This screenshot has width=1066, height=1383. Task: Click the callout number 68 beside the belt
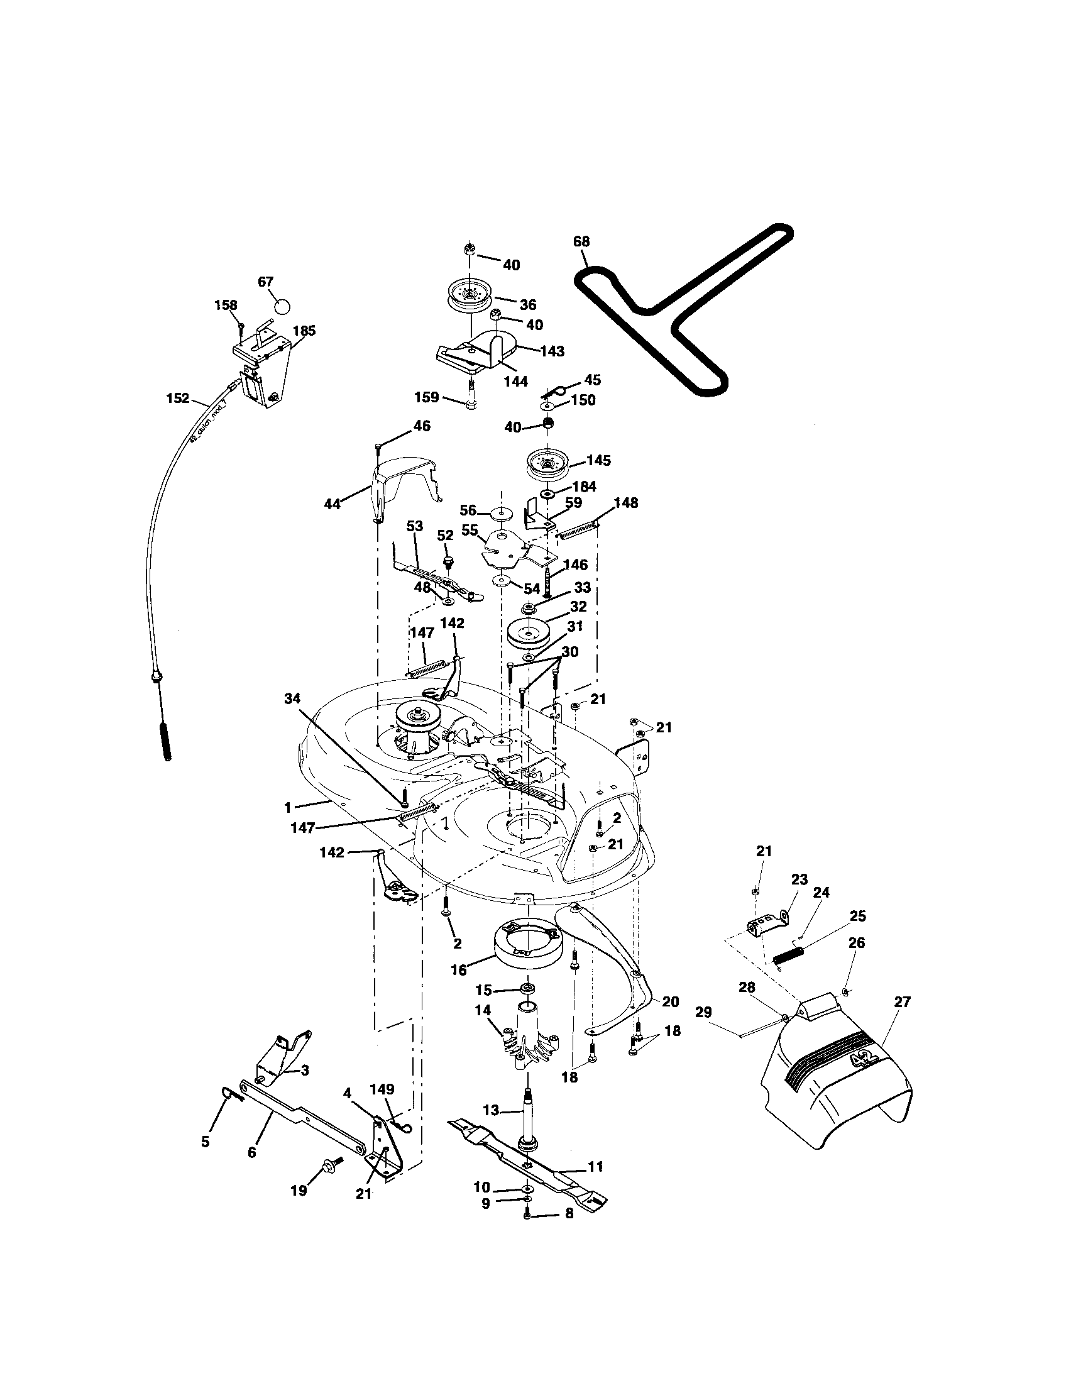[x=581, y=241]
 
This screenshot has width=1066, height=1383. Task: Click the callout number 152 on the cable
[x=177, y=398]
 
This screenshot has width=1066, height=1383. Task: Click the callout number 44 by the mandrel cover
[x=332, y=504]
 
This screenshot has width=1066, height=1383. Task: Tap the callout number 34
[x=292, y=698]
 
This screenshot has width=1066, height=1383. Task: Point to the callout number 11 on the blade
[x=595, y=1165]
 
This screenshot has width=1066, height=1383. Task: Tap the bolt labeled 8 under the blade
[x=527, y=1213]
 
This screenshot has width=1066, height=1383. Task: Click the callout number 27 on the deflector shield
[x=902, y=1002]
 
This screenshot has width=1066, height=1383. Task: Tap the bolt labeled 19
[x=331, y=1162]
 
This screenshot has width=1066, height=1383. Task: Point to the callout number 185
[x=304, y=331]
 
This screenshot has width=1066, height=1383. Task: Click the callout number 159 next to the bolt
[x=427, y=397]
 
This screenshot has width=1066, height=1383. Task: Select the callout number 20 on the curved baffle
[x=670, y=1001]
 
